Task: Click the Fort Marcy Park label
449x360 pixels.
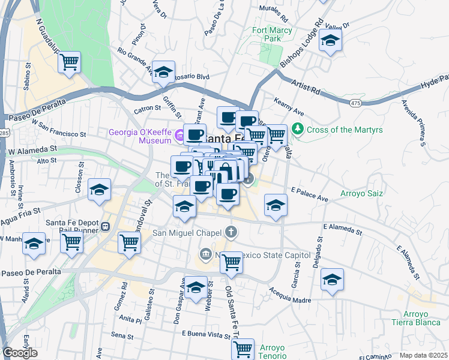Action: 272,34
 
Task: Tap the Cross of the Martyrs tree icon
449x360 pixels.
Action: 297,129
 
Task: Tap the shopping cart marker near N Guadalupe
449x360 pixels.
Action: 70,62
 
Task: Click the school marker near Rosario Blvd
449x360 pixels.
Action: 163,72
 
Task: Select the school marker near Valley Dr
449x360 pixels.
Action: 330,41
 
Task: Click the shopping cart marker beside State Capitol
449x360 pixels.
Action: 231,262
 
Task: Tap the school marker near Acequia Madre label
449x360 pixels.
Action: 332,280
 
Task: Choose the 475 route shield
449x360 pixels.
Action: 356,103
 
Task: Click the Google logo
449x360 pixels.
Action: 20,353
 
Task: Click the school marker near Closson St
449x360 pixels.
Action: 100,190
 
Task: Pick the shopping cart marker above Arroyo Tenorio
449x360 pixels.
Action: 243,348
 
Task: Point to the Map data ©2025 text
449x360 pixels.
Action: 423,355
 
